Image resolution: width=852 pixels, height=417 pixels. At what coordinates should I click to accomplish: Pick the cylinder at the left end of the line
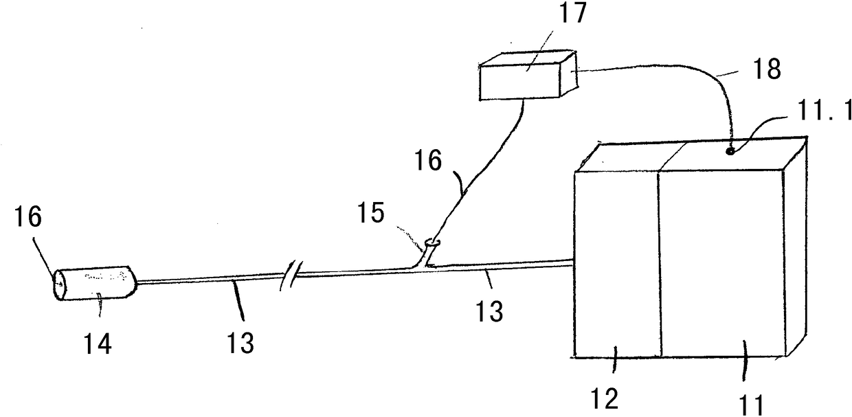(96, 282)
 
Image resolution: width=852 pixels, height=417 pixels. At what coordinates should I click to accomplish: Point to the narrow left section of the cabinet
(616, 264)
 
